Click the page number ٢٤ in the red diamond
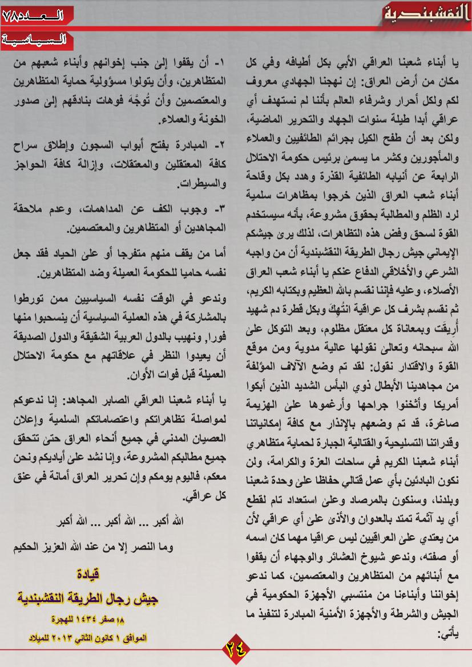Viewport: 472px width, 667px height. click(x=236, y=650)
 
